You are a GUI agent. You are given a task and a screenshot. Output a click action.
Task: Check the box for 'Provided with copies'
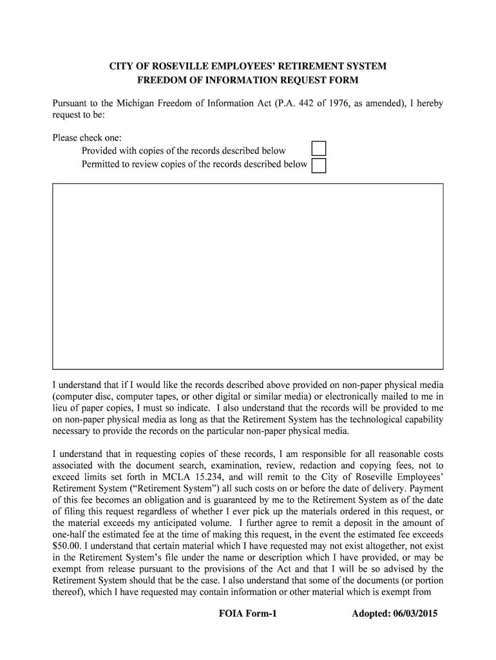tap(318, 149)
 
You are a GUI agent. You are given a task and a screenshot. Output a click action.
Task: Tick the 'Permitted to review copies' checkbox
tap(318, 166)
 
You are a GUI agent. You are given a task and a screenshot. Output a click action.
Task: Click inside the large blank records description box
tap(247, 276)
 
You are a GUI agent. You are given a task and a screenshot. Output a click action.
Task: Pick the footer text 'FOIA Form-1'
tap(248, 614)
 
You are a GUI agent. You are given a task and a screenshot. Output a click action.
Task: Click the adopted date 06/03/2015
tap(412, 614)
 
